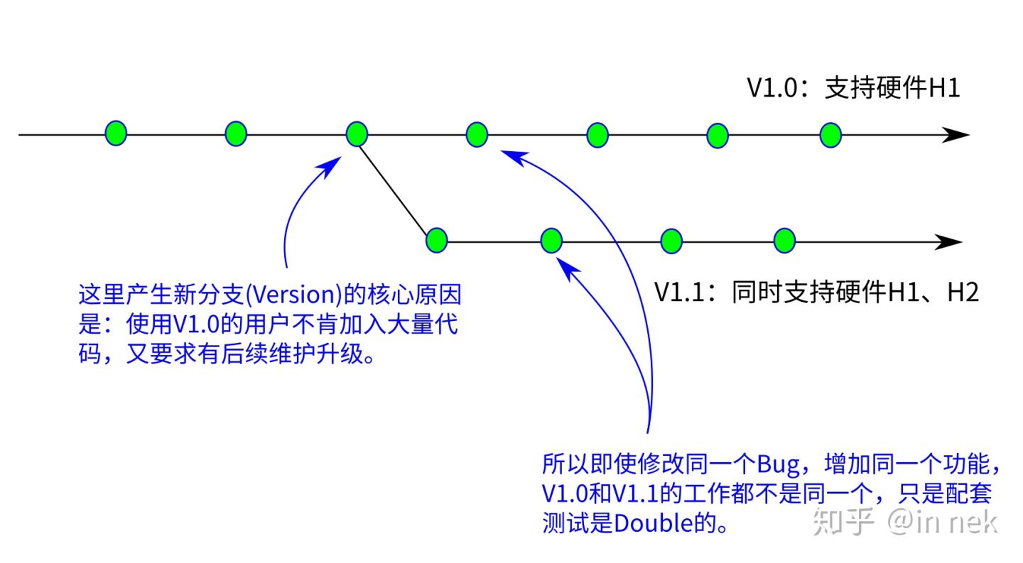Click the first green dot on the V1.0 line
point(116,133)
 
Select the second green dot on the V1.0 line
point(236,133)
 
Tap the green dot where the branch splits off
point(357,133)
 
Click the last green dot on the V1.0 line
point(830,135)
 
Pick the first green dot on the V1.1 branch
point(437,241)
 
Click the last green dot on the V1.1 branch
point(784,241)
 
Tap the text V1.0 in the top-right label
point(772,89)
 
